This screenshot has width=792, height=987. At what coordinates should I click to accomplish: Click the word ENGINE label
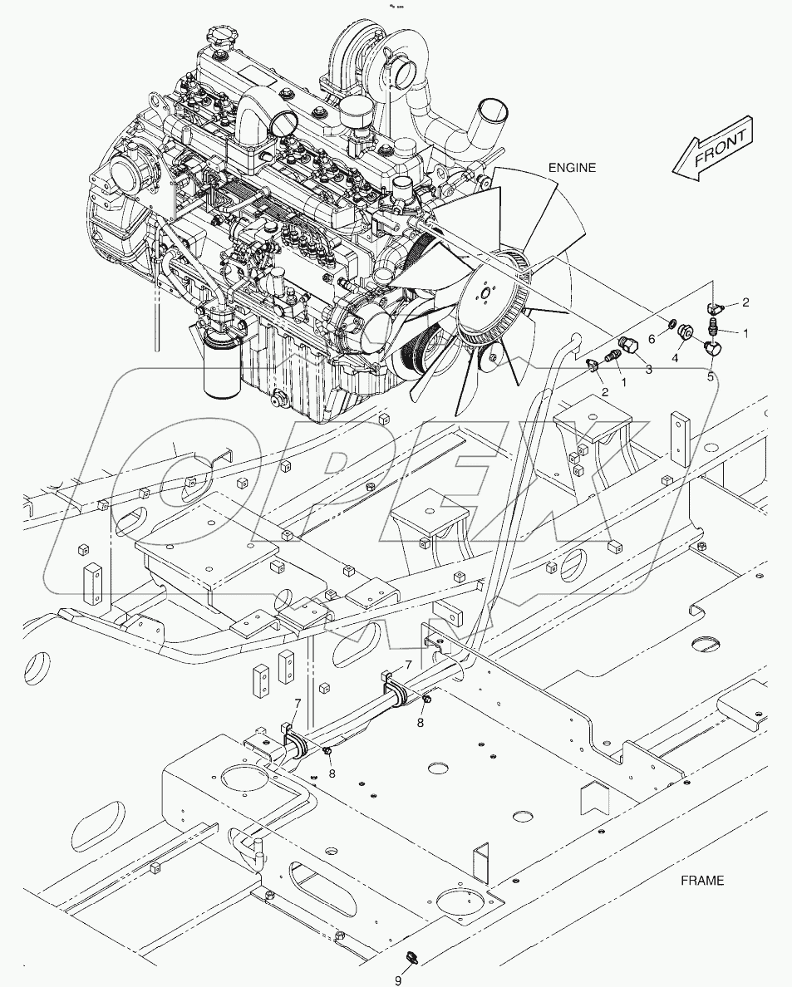coord(572,168)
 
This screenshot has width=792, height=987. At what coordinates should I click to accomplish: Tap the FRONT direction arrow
coord(711,150)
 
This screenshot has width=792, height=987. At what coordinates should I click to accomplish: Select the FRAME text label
coord(701,881)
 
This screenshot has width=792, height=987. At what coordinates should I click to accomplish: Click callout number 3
coord(648,369)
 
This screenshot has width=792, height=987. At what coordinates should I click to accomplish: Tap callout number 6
coord(652,339)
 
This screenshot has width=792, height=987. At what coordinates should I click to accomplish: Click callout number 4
coord(675,358)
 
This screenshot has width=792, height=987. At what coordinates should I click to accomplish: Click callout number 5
coord(710,376)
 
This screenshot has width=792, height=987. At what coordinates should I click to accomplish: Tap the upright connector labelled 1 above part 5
coord(713,330)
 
